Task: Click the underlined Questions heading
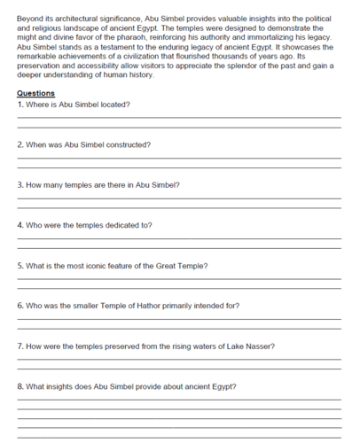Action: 35,93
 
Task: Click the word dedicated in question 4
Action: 114,225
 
